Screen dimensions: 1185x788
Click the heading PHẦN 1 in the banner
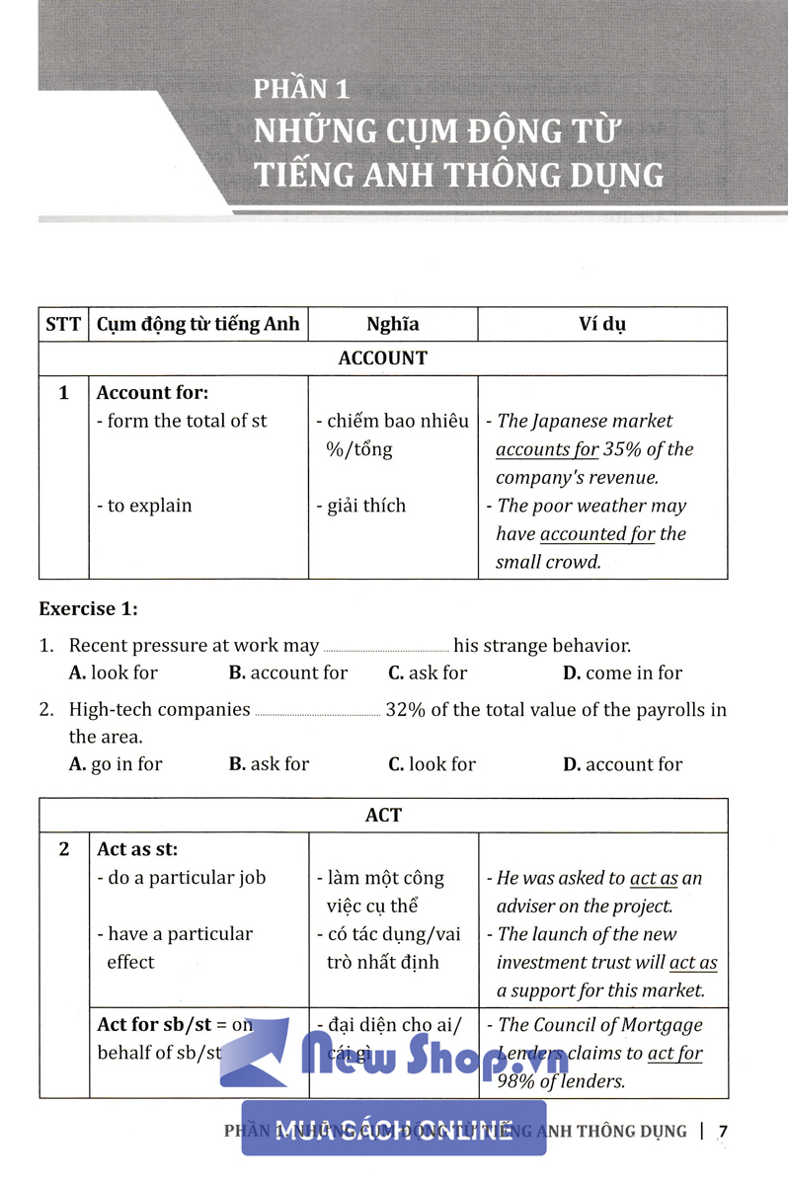(x=301, y=89)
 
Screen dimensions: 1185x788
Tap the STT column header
(x=63, y=324)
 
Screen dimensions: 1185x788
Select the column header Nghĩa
(x=392, y=324)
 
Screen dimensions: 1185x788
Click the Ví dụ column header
(x=601, y=324)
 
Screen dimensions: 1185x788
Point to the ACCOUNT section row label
(x=382, y=358)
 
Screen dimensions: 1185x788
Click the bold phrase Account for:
(x=152, y=393)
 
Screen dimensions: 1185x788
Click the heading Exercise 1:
(x=88, y=609)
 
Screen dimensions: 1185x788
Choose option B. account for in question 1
(x=287, y=672)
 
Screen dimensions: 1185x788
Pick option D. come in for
(x=622, y=672)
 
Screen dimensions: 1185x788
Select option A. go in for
(x=116, y=764)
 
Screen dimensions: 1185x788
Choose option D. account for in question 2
(x=622, y=764)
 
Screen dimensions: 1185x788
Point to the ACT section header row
(x=382, y=815)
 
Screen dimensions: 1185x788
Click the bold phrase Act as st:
(x=137, y=849)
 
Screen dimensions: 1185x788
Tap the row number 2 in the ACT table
(x=63, y=849)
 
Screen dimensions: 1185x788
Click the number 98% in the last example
(x=516, y=1081)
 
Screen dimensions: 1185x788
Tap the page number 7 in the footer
(x=723, y=1132)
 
